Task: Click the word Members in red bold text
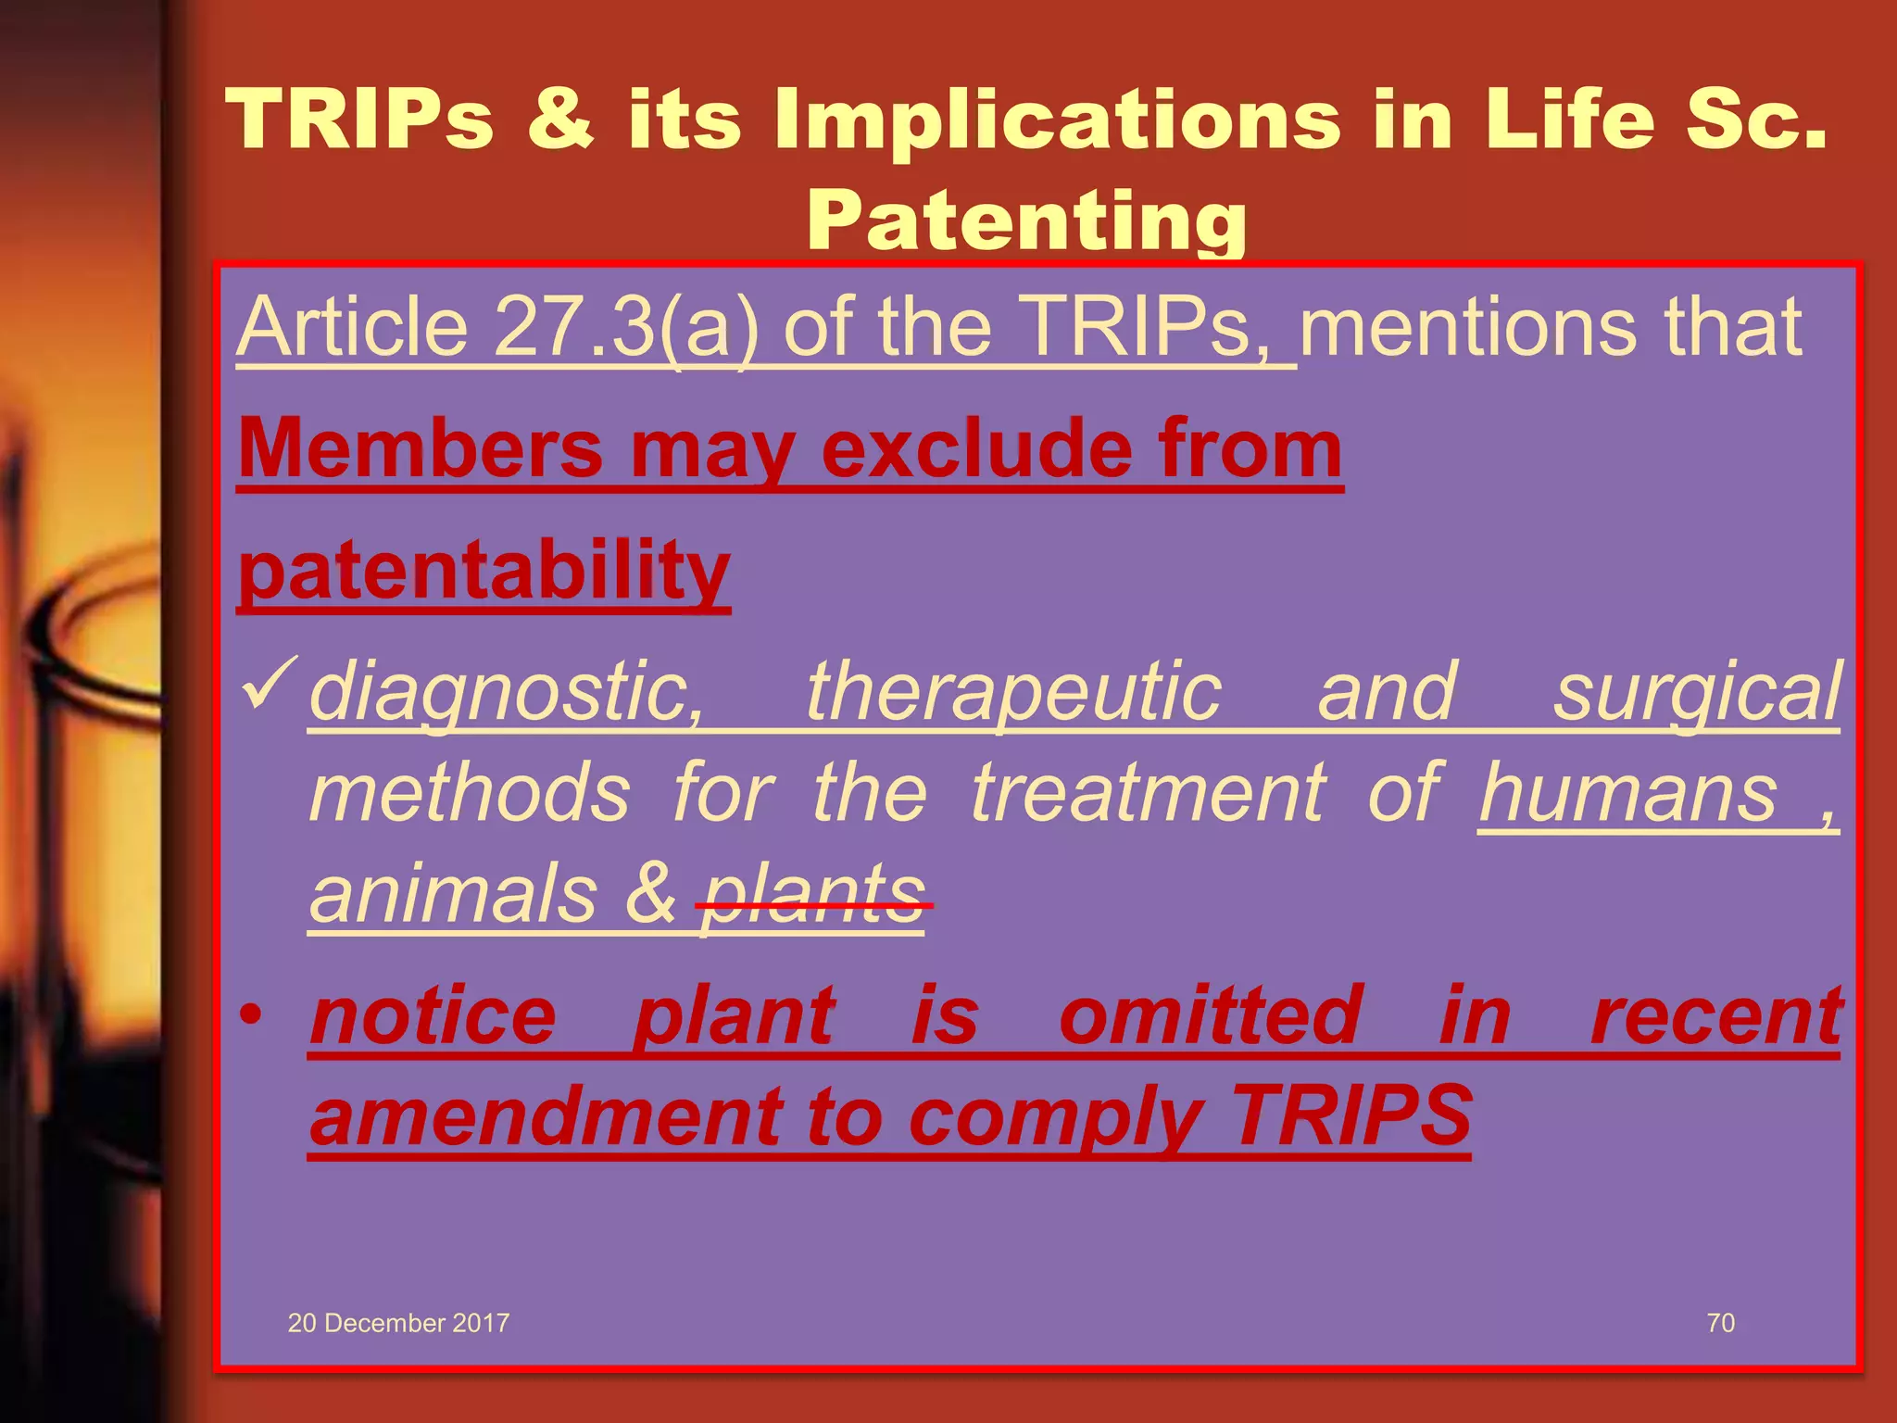[x=421, y=448]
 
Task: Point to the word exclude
[x=976, y=448]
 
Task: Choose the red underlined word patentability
[x=484, y=571]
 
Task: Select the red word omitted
[x=1211, y=1015]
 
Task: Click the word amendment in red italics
[x=546, y=1116]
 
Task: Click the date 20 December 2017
[x=398, y=1323]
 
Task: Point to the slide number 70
[x=1720, y=1323]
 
